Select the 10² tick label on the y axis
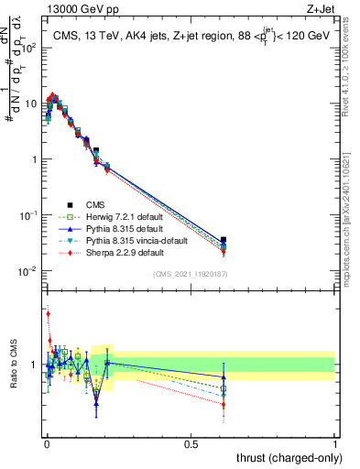click(x=28, y=48)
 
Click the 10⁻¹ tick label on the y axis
click(x=27, y=215)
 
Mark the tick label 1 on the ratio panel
click(x=36, y=365)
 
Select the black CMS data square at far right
click(x=224, y=240)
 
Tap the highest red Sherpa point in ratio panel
click(x=48, y=314)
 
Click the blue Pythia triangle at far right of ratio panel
click(x=224, y=376)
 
